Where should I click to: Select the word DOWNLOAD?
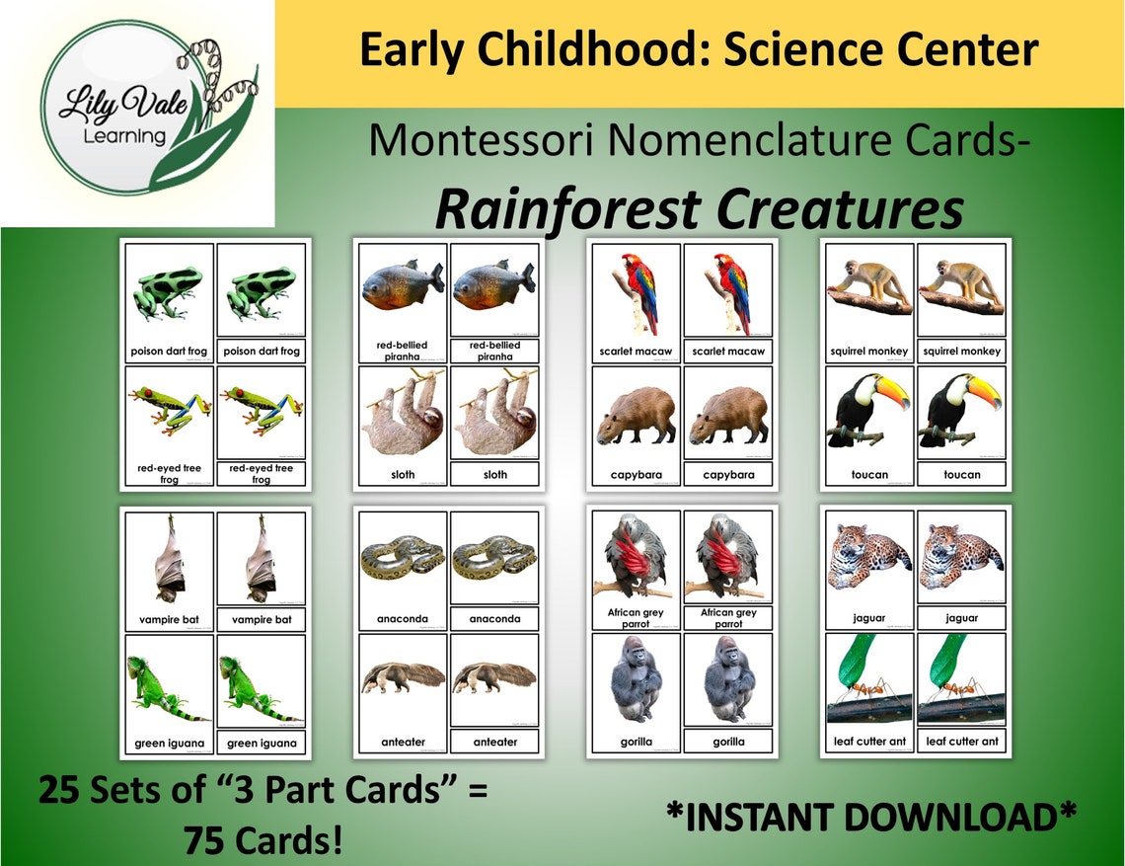[x=963, y=818]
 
